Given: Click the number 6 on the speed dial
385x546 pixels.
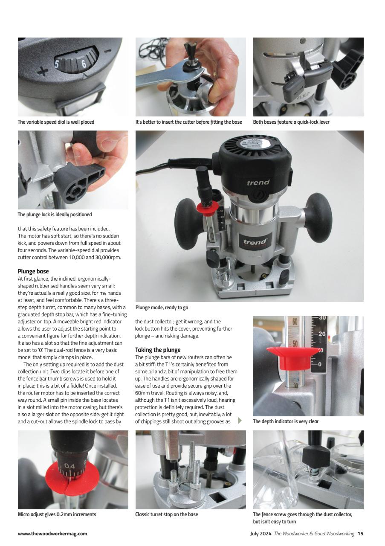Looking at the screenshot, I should [84, 64].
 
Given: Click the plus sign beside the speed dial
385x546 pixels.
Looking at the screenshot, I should [42, 71].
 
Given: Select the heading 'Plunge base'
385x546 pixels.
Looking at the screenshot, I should [33, 271].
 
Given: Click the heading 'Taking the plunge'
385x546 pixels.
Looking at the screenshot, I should [158, 350].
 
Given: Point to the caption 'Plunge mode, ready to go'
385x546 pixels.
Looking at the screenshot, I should [162, 308].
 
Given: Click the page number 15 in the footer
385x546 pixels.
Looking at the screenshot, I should [360, 534].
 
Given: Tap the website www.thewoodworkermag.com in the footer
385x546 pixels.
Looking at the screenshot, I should [52, 534].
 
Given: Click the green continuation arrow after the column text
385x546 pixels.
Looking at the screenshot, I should [240, 421].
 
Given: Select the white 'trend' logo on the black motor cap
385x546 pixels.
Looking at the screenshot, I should [258, 183].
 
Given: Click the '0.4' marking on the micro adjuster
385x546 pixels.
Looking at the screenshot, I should [70, 467].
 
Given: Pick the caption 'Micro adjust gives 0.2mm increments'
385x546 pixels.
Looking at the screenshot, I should [57, 514].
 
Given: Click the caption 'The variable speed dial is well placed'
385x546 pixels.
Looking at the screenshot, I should [56, 122].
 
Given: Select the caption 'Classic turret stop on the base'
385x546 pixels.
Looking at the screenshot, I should [166, 514].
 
